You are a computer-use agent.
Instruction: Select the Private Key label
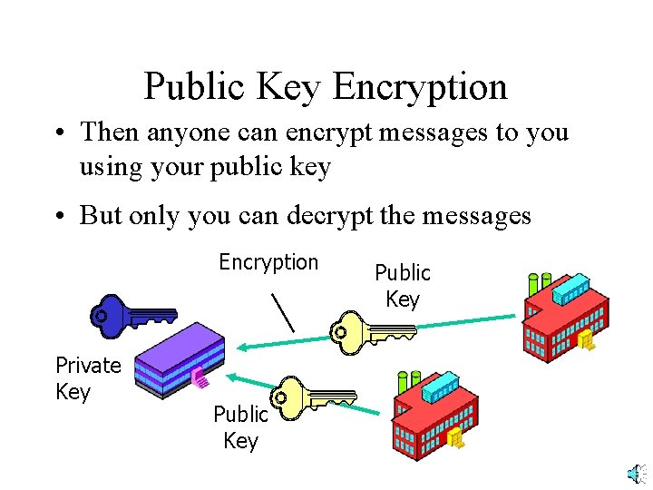click(87, 378)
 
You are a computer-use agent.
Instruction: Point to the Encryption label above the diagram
click(268, 263)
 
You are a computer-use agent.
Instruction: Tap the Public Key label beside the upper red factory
click(402, 286)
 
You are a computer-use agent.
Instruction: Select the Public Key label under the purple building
click(240, 427)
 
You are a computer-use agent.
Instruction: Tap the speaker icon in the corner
click(636, 474)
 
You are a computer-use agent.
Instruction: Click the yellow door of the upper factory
click(587, 340)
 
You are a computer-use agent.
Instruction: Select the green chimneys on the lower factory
click(409, 382)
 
